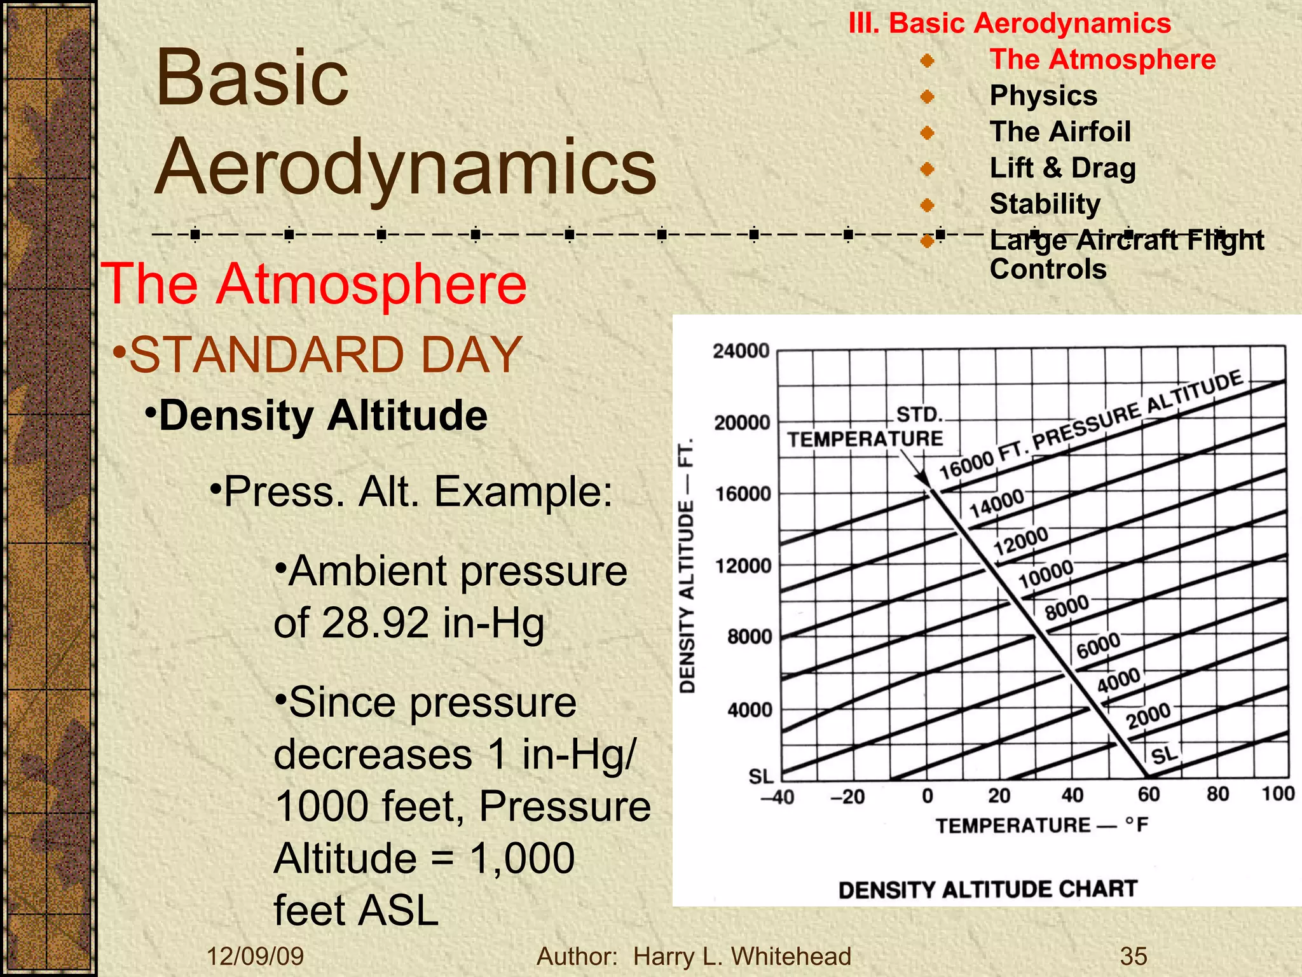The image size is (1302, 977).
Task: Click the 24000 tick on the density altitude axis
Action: click(741, 351)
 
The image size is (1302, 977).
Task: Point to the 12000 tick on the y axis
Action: click(743, 565)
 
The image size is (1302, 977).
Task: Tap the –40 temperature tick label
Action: click(778, 797)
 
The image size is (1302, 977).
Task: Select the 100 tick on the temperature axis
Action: click(1278, 794)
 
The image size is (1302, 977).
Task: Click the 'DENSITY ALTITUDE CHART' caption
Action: click(987, 889)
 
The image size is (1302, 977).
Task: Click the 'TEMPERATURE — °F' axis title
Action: click(1041, 826)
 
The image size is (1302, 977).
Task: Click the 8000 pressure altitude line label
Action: click(1067, 607)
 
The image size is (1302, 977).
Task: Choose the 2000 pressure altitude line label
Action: click(1148, 716)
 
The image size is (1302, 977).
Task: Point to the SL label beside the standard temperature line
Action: click(1165, 756)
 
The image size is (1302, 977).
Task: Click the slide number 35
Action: click(1134, 956)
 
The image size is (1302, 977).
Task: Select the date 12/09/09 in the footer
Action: click(256, 956)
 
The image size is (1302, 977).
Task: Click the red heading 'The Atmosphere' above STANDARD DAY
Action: click(314, 284)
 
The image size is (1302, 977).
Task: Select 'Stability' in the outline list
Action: click(1045, 204)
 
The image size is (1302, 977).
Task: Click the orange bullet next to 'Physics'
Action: click(928, 97)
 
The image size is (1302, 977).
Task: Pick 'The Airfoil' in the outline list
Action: click(1060, 132)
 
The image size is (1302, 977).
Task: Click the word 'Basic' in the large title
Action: click(252, 78)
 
